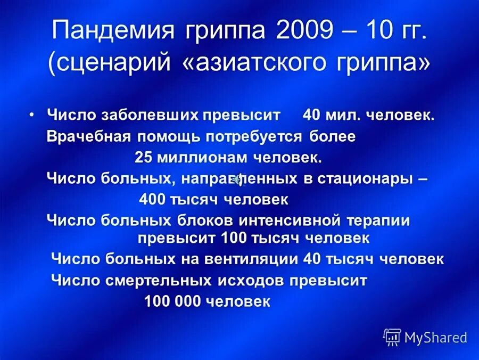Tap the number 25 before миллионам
[143, 158]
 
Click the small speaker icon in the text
[238, 179]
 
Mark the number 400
[152, 200]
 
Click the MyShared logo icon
[392, 337]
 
